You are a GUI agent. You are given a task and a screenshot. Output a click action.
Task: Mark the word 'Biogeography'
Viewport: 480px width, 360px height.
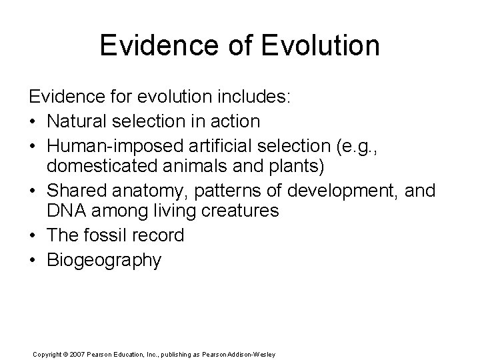[x=104, y=259]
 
